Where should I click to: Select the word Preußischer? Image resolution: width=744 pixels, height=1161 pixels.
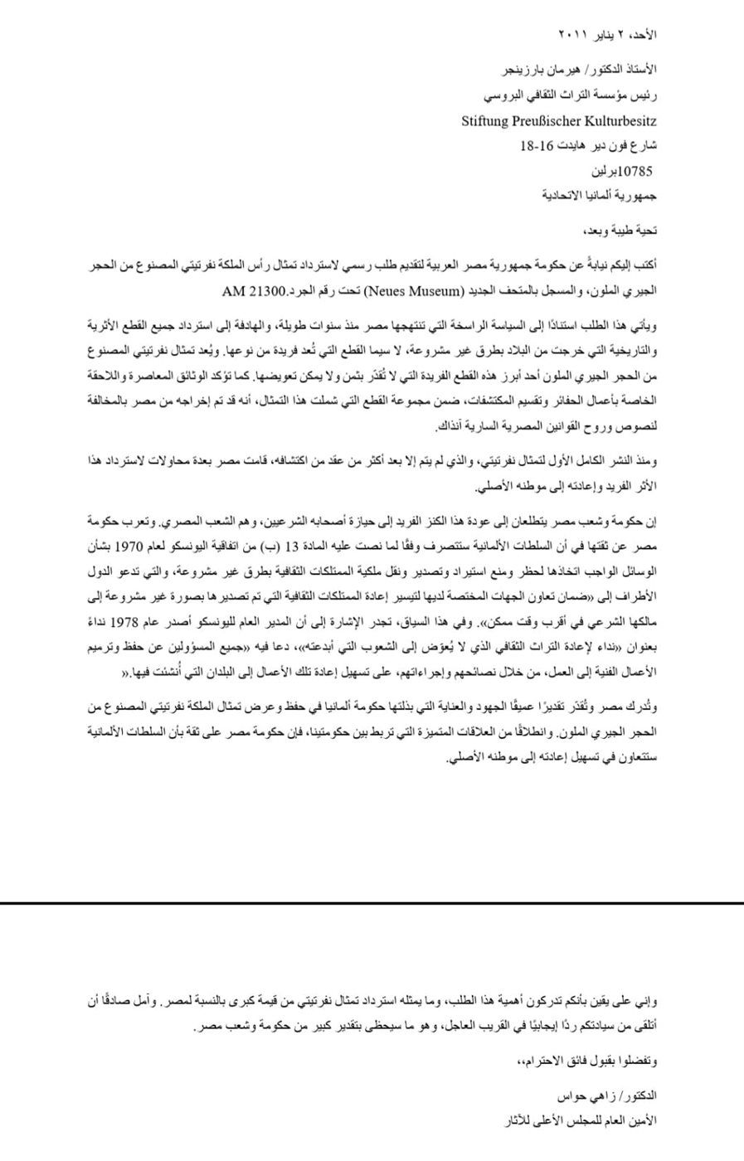click(x=552, y=121)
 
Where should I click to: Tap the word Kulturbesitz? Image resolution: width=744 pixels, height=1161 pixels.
click(x=622, y=121)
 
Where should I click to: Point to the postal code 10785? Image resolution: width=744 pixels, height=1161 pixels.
click(x=635, y=172)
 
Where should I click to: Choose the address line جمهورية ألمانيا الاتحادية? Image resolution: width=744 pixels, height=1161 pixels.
click(x=601, y=197)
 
